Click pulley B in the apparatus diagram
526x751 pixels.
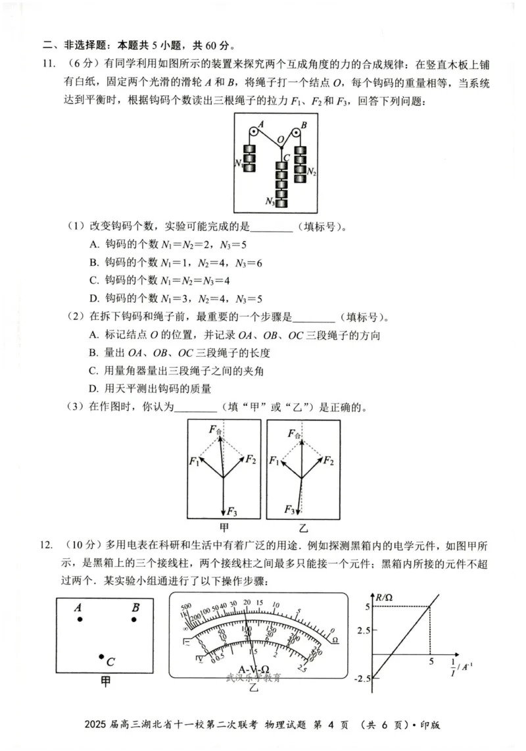297,133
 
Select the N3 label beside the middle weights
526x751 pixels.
269,201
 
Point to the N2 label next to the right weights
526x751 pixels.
312,172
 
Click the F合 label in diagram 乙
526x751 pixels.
294,433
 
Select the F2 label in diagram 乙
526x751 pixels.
327,460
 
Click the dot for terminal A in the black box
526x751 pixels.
80,619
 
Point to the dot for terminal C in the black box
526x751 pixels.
101,656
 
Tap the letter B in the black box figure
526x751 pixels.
135,608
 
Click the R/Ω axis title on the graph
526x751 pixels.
383,598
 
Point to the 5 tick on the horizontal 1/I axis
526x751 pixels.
431,661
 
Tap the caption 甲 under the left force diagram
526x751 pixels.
224,527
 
